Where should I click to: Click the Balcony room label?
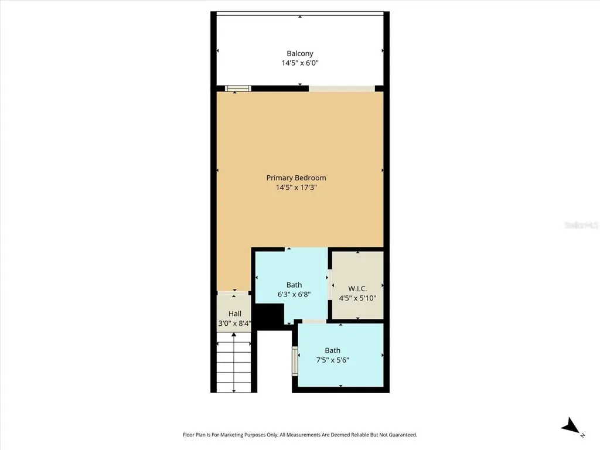[299, 53]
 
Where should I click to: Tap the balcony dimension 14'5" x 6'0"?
[299, 63]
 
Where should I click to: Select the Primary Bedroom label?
[296, 178]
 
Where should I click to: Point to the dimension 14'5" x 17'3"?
[296, 187]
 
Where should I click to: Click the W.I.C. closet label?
[357, 288]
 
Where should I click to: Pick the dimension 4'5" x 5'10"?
[357, 298]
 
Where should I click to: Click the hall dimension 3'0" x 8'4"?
[234, 323]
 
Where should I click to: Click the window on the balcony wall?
[238, 88]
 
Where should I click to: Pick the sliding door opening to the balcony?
[342, 88]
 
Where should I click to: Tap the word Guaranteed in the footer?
[400, 435]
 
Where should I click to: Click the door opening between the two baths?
[314, 321]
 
